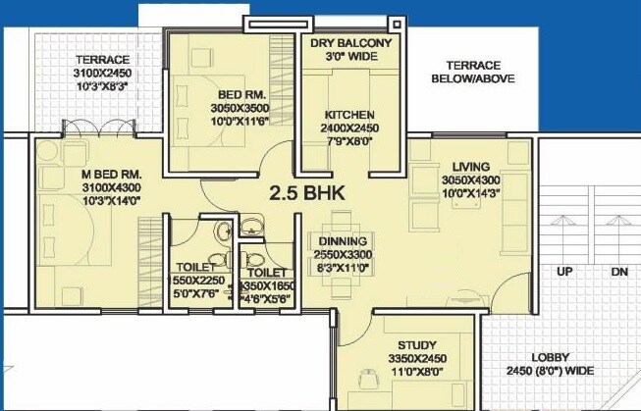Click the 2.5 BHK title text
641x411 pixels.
click(307, 192)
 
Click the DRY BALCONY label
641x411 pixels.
click(350, 44)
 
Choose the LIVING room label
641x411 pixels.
click(457, 166)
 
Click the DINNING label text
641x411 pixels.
click(343, 240)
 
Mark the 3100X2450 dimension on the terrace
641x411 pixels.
click(102, 74)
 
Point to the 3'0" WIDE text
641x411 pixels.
click(350, 58)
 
